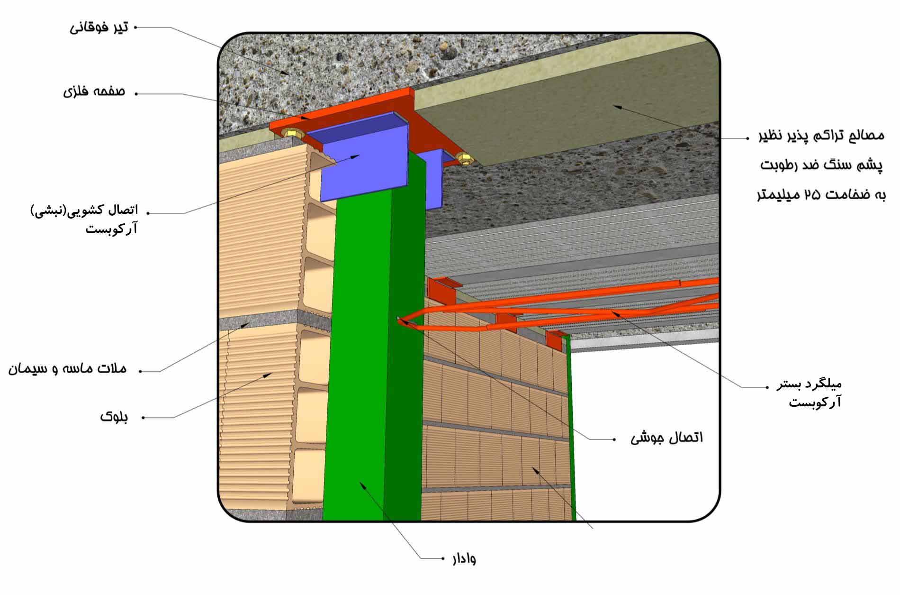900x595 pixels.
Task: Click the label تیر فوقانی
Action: (99, 27)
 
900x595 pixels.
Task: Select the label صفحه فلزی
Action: (94, 91)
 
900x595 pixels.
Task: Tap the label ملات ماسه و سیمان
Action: (68, 369)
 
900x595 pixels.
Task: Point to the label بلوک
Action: (114, 417)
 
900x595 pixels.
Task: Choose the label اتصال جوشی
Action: (667, 438)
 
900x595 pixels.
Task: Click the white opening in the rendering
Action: (644, 431)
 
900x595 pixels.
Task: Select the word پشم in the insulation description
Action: (872, 165)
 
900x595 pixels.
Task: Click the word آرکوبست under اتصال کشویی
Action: (112, 229)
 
